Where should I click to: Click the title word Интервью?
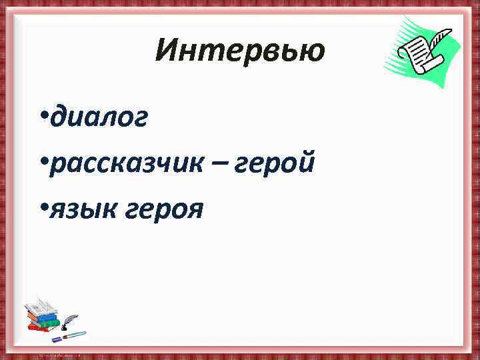(x=239, y=51)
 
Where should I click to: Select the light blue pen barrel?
(x=75, y=334)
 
